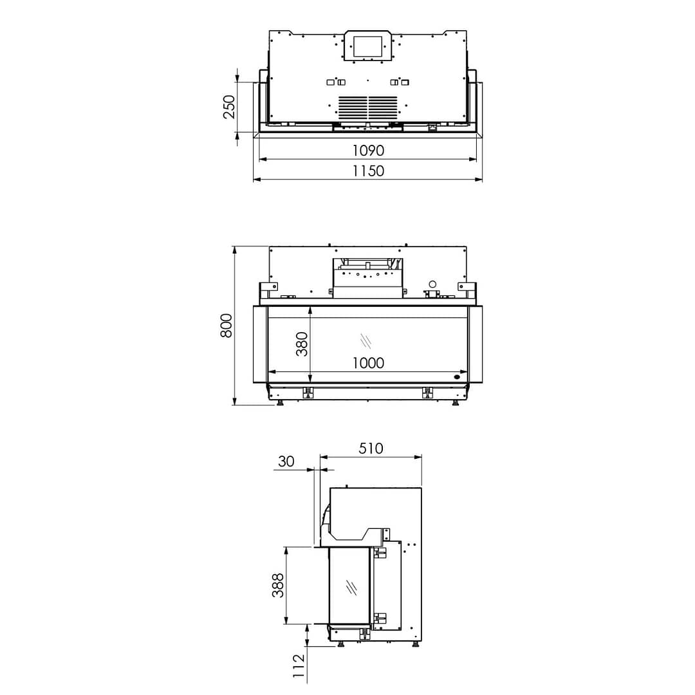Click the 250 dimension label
pyautogui.click(x=229, y=107)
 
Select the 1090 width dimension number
pyautogui.click(x=368, y=151)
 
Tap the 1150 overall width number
pyautogui.click(x=368, y=171)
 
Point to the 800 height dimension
pyautogui.click(x=226, y=326)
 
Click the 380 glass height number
pyautogui.click(x=302, y=344)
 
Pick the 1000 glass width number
pyautogui.click(x=368, y=363)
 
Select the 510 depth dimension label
pyautogui.click(x=371, y=449)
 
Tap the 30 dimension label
pyautogui.click(x=286, y=461)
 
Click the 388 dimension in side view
pyautogui.click(x=278, y=586)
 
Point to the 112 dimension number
pyautogui.click(x=298, y=667)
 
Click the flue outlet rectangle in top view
pyautogui.click(x=367, y=46)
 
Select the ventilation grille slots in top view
pyautogui.click(x=368, y=107)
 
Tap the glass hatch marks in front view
pyautogui.click(x=366, y=339)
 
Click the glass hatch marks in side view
pyautogui.click(x=351, y=587)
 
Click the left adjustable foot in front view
pyautogui.click(x=280, y=403)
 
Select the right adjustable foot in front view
pyautogui.click(x=456, y=403)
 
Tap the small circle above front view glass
pyautogui.click(x=432, y=284)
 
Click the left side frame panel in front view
pyautogui.click(x=260, y=344)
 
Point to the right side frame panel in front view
pyautogui.click(x=476, y=344)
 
